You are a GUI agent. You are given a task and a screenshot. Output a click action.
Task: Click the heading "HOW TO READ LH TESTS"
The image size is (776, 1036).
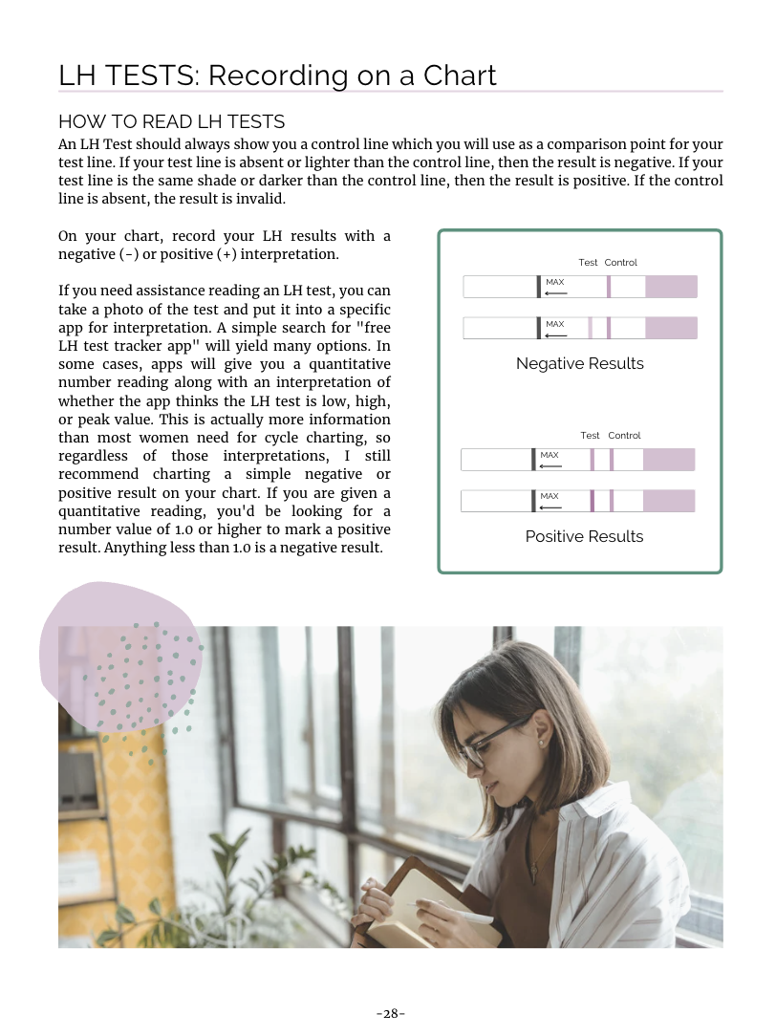coord(172,121)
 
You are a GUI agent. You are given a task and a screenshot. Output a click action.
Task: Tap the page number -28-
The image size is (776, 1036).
coord(390,1013)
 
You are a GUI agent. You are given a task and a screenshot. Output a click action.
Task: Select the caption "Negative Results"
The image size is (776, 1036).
coord(579,363)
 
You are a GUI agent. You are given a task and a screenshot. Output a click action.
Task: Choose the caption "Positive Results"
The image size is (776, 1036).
coord(584,536)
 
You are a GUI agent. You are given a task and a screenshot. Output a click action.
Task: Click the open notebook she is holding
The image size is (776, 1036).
coord(420,908)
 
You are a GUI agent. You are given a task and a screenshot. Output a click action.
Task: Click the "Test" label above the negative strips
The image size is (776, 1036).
coord(588,262)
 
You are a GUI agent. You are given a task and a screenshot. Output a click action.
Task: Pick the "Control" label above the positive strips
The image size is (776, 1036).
coord(624,435)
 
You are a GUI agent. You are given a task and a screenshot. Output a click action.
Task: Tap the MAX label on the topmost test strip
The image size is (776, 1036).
coord(554,282)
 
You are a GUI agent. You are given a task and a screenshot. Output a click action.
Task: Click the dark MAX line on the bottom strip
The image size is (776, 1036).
coord(533,501)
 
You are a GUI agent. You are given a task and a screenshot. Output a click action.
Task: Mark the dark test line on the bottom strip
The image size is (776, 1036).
coord(592,501)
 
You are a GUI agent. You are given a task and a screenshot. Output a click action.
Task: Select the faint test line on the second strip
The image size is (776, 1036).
coord(590,328)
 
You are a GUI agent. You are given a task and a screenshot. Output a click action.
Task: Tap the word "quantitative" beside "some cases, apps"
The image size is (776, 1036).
coord(345,364)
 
